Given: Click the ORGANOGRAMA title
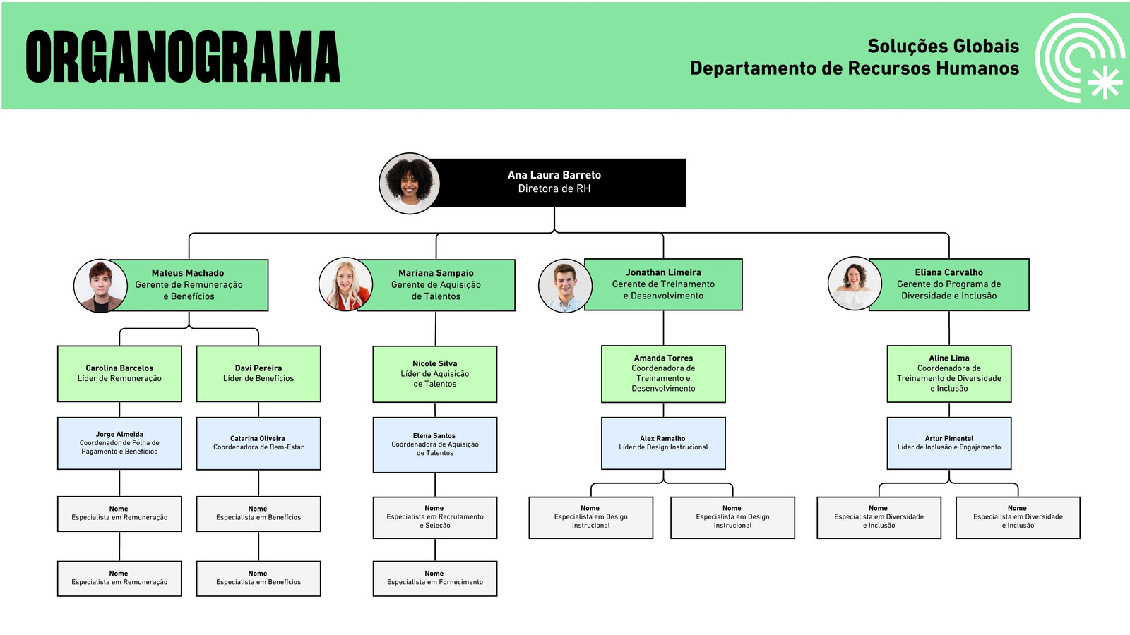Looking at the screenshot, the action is pyautogui.click(x=183, y=56).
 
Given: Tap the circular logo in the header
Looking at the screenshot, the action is pyautogui.click(x=1080, y=57).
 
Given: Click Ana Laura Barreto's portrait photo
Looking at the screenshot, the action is pyautogui.click(x=410, y=183).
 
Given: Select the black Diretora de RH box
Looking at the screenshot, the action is pyautogui.click(x=555, y=183).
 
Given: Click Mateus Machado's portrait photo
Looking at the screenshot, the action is pyautogui.click(x=101, y=286).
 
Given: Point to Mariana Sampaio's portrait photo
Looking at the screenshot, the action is pyautogui.click(x=346, y=284).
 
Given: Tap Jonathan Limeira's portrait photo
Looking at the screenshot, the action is pyautogui.click(x=566, y=286).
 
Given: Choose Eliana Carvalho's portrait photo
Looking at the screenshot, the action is pyautogui.click(x=855, y=283).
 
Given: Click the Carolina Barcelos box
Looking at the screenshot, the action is pyautogui.click(x=119, y=373).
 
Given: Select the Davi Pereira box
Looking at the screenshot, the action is pyautogui.click(x=258, y=373).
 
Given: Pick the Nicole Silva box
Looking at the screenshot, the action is pyautogui.click(x=435, y=374).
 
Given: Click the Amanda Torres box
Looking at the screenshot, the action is pyautogui.click(x=663, y=374).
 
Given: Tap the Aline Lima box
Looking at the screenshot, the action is pyautogui.click(x=949, y=374).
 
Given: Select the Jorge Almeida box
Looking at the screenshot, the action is pyautogui.click(x=119, y=444).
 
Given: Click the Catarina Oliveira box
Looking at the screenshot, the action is pyautogui.click(x=258, y=444).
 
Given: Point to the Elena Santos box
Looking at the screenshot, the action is pyautogui.click(x=435, y=445).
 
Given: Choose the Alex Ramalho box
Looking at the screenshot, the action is pyautogui.click(x=663, y=444).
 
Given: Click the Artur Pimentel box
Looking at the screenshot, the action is pyautogui.click(x=949, y=444).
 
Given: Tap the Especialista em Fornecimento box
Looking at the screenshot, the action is pyautogui.click(x=435, y=579).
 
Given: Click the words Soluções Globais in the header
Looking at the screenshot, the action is pyautogui.click(x=944, y=47).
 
